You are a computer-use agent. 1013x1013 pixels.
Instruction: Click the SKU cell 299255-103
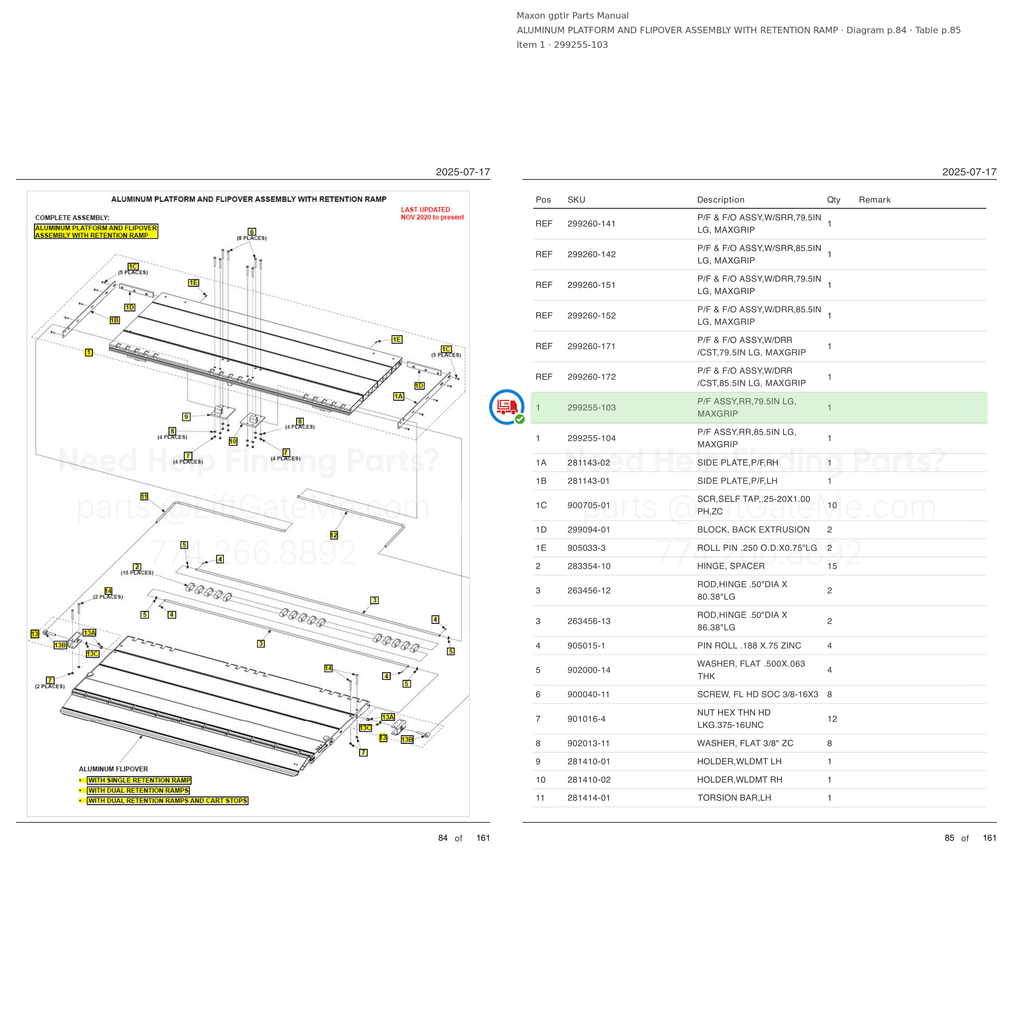coord(592,407)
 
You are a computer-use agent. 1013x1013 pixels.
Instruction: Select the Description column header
coord(720,200)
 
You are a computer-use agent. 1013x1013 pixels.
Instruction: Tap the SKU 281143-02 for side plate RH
coord(589,462)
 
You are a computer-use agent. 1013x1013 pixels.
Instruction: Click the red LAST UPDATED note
coord(432,214)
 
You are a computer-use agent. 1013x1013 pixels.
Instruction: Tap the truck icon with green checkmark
coord(507,407)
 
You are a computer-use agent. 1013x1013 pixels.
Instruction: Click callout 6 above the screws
coord(252,232)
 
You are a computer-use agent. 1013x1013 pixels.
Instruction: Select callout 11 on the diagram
coord(144,496)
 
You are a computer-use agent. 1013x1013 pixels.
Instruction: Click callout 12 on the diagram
coord(334,535)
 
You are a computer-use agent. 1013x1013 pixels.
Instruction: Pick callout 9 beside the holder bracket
coord(186,417)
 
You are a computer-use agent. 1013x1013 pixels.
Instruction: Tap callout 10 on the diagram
coord(233,442)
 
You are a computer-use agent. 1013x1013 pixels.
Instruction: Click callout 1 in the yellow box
coord(89,353)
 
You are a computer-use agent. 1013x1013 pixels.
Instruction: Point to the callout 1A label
coord(398,396)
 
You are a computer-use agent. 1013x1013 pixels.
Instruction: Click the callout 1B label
coord(114,320)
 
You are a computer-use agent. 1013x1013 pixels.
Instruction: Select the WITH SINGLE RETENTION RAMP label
coord(139,780)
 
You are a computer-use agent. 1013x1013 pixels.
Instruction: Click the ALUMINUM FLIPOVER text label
coord(113,769)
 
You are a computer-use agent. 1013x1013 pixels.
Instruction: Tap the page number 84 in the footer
coord(443,838)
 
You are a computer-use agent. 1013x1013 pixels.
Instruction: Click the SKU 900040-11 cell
coord(588,694)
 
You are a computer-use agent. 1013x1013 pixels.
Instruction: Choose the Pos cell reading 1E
coord(541,548)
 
